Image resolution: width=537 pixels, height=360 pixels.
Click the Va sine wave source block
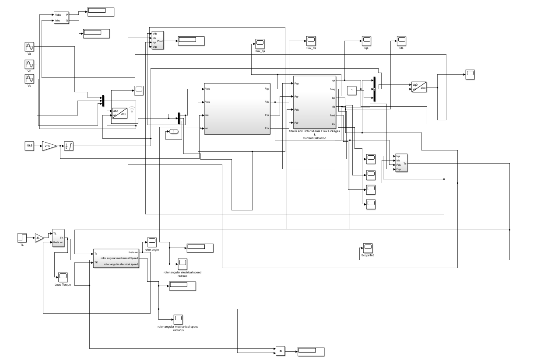pos(30,47)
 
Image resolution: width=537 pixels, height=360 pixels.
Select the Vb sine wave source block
pos(30,64)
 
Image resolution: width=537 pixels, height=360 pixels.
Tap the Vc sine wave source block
pos(30,79)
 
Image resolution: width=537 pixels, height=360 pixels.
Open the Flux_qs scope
pos(260,43)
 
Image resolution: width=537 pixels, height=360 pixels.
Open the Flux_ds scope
pos(311,41)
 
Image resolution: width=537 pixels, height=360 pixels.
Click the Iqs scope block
pos(366,41)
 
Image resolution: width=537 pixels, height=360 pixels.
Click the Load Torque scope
pos(63,276)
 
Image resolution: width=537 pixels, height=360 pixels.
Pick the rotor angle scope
pos(151,242)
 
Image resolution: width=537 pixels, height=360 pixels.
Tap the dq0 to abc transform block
pos(419,87)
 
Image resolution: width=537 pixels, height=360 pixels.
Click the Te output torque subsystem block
pos(401,163)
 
